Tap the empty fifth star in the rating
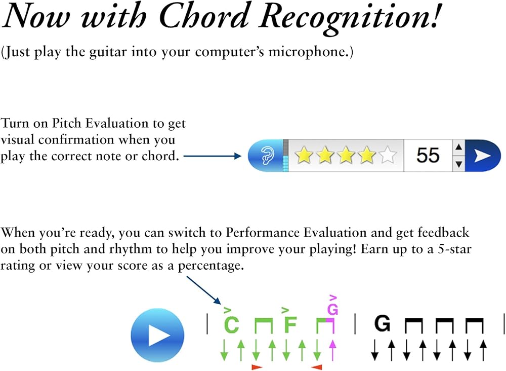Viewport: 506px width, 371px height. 388,155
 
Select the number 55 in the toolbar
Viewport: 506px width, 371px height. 428,155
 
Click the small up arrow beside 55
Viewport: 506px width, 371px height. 458,147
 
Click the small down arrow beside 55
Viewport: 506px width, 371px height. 458,164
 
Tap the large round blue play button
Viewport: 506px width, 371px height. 157,335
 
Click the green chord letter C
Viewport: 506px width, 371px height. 231,325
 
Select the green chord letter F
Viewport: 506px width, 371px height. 290,325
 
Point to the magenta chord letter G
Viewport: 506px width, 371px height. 332,309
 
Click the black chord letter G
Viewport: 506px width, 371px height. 383,323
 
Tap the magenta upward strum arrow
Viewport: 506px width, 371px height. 332,350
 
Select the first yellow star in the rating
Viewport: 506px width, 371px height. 304,155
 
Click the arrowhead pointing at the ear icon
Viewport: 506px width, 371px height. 238,157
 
